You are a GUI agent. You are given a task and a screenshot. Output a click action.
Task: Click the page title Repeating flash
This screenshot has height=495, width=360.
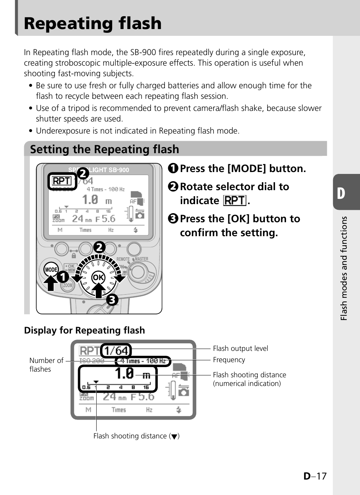coord(93,23)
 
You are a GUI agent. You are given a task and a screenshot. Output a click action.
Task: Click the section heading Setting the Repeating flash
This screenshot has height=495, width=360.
coord(105,149)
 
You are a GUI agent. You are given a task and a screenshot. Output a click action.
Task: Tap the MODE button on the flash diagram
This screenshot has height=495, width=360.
coord(51,269)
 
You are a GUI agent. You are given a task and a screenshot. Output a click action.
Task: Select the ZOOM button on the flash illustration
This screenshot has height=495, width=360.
coord(68,285)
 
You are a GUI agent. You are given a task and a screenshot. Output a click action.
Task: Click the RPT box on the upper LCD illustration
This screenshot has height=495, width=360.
coord(62,181)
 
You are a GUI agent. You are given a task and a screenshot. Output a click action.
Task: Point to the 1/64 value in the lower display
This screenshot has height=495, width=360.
coord(117,350)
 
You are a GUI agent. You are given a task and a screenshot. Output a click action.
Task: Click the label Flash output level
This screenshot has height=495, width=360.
coord(240,348)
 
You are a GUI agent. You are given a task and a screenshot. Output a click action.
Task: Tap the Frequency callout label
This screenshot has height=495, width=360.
coord(229,360)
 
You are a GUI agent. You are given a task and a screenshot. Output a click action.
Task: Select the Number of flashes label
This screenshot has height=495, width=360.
coord(46,364)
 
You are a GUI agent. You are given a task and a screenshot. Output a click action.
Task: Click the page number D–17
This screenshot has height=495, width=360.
coord(315,476)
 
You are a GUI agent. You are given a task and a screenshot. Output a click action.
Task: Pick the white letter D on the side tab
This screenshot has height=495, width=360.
coord(341,193)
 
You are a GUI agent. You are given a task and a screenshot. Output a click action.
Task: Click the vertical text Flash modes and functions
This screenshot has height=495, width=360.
coord(343,268)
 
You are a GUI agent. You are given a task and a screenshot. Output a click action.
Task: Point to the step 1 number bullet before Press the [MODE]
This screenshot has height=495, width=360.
coord(173,168)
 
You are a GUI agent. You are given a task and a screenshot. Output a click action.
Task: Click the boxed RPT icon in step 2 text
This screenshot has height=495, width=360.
coord(235,200)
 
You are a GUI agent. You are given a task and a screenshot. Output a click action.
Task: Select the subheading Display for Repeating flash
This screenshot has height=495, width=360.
coord(85,330)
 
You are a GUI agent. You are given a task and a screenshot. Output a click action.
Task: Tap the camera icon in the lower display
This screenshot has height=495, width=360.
coord(183,391)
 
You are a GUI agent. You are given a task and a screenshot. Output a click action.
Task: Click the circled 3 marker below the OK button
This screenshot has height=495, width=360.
coord(112,300)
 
